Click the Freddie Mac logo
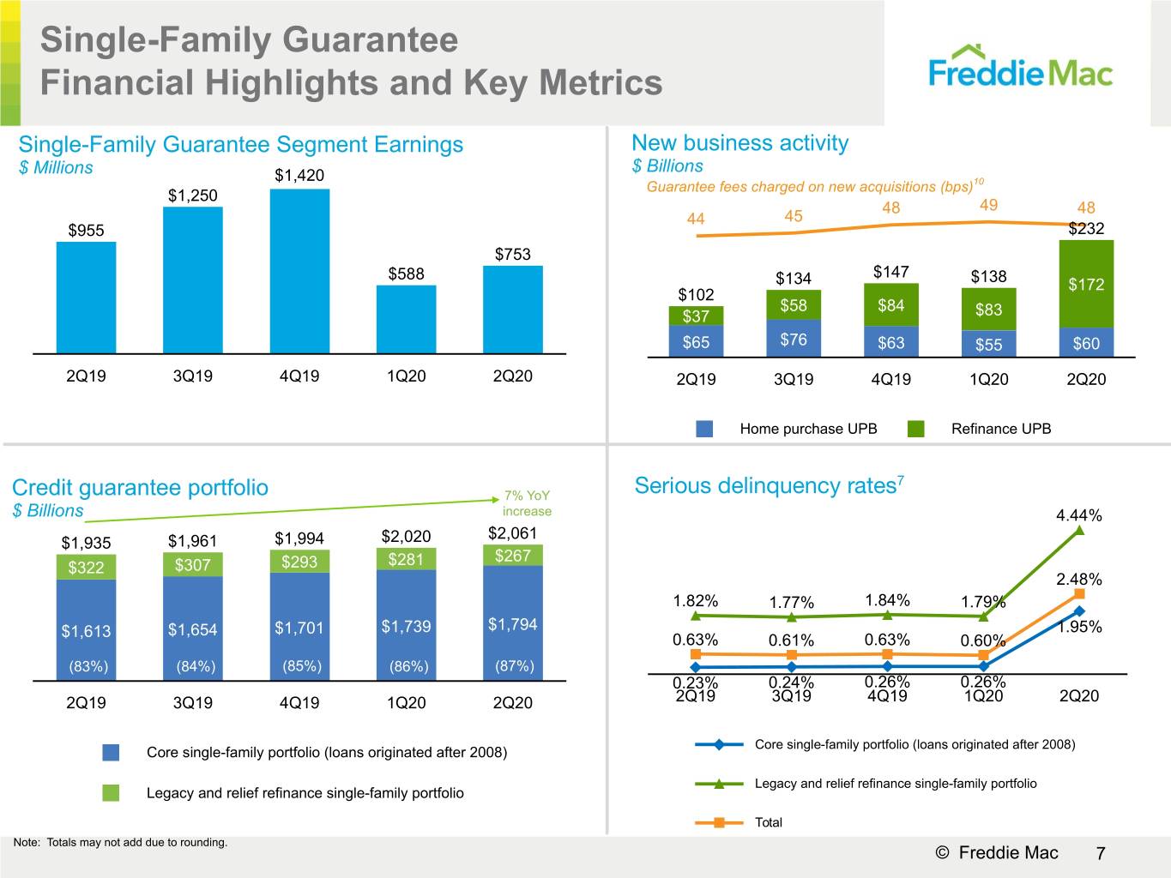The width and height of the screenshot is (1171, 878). (1020, 67)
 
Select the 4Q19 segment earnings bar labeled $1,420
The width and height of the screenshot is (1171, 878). (299, 271)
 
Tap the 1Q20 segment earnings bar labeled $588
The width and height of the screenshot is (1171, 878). (406, 319)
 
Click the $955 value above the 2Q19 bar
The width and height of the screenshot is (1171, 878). (86, 231)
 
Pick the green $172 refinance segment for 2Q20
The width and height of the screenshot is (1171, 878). (1086, 284)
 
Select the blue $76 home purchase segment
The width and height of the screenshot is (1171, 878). (794, 338)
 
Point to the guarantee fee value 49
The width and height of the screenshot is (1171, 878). (988, 205)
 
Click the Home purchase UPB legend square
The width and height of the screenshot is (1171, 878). (704, 429)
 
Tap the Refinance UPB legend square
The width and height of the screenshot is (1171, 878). (915, 429)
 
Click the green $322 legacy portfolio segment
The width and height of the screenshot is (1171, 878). (86, 568)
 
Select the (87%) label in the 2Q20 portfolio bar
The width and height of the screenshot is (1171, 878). (514, 666)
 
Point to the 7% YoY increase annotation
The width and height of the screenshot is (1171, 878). (527, 503)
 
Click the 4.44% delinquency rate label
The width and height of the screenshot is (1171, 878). (1078, 515)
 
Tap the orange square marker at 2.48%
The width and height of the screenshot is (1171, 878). (1078, 594)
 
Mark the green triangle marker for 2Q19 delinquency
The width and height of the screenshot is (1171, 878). (695, 616)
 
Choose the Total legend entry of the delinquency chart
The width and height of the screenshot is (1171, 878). (739, 822)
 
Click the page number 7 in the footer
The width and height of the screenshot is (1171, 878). (1100, 853)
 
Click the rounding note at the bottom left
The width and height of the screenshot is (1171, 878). (120, 842)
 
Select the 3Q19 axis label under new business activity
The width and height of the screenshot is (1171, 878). (794, 379)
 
